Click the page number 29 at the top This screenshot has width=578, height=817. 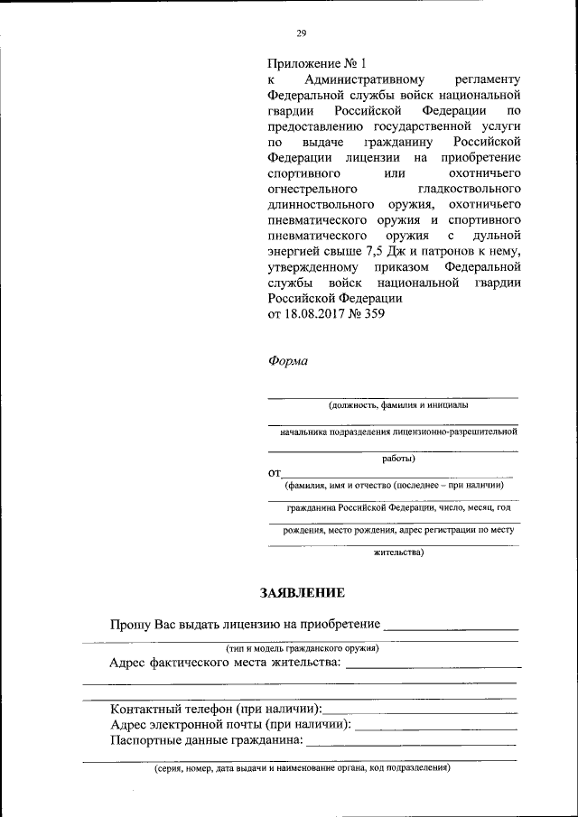tap(302, 34)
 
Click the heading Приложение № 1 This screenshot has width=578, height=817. tap(317, 64)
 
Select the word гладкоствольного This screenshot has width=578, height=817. tap(469, 190)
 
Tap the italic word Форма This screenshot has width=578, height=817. tap(287, 361)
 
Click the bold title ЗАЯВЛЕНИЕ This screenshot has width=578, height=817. tap(302, 593)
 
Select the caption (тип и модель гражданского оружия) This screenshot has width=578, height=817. tap(302, 648)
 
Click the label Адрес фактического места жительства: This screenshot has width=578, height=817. tap(225, 664)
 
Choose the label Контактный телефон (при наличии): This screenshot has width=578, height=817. tap(215, 710)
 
